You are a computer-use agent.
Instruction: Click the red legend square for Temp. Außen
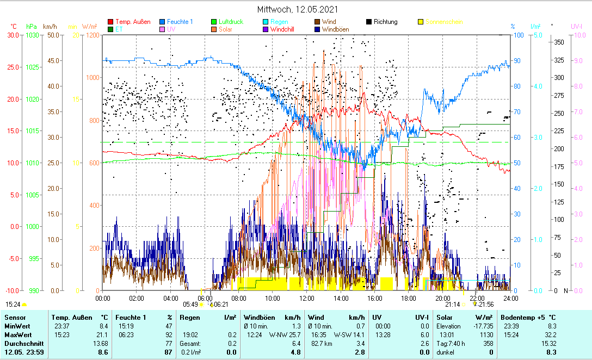pos(112,22)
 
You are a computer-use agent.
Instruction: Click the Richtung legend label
pos(385,22)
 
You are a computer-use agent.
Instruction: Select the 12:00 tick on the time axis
pos(306,298)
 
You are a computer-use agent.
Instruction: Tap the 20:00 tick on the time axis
pos(442,298)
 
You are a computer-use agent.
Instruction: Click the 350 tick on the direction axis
pos(558,42)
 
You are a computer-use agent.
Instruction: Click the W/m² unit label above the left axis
pos(89,27)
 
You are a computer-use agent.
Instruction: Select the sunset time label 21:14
pos(452,304)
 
